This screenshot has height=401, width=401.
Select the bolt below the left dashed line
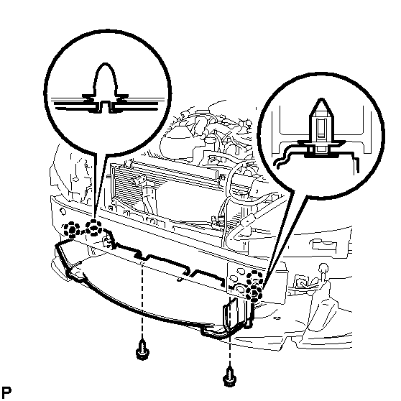142,350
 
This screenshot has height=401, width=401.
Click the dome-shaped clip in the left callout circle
106,87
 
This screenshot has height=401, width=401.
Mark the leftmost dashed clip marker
72,229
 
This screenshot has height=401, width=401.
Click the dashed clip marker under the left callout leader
93,228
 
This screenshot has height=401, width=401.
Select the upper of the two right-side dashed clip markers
254,279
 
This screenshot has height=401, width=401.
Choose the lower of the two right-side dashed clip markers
254,292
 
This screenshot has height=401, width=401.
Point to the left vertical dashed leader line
142,299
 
